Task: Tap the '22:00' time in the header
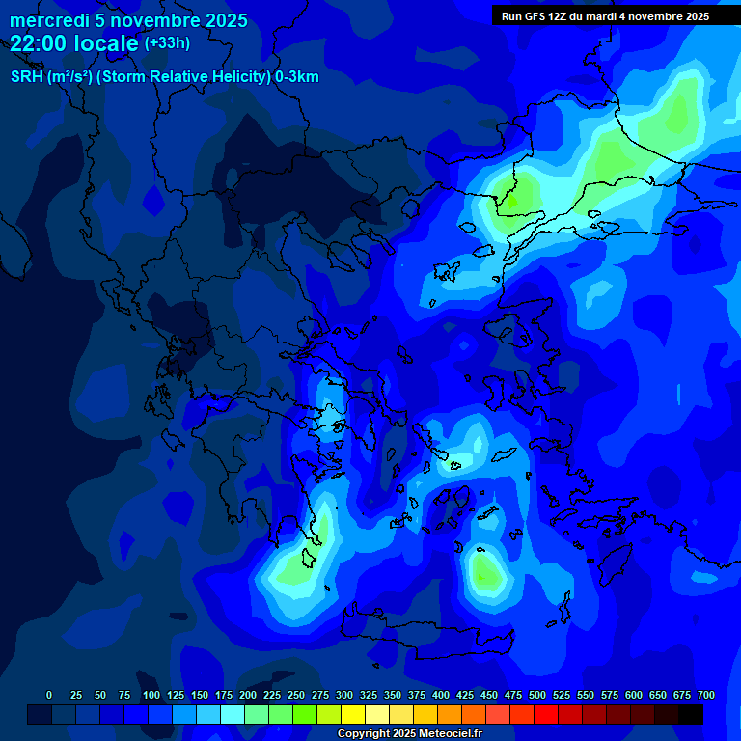point(39,43)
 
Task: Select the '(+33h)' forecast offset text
point(167,43)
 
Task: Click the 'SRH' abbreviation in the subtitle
point(26,77)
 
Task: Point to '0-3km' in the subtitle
point(297,77)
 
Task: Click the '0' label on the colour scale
point(49,695)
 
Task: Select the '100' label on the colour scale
point(151,695)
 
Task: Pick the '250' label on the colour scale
point(296,695)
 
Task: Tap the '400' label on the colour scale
point(441,695)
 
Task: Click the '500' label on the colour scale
point(537,695)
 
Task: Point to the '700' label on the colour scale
point(705,695)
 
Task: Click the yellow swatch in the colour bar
point(353,714)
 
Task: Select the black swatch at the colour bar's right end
point(691,714)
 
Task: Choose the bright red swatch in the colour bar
point(546,714)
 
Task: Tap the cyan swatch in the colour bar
point(233,714)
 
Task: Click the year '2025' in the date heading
point(219,20)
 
